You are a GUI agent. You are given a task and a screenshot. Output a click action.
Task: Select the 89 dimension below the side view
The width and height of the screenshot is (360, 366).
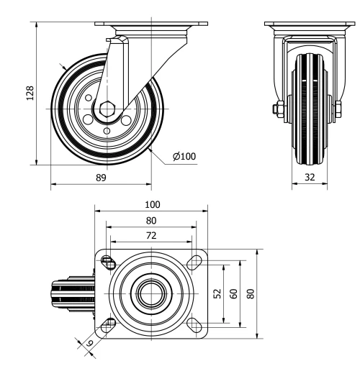click(100, 177)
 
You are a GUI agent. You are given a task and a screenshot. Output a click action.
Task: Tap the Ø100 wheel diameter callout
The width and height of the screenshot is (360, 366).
click(184, 155)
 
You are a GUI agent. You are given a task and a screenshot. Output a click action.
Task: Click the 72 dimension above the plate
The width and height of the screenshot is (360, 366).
click(150, 235)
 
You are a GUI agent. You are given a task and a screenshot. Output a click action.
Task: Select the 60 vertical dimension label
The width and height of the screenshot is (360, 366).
click(233, 294)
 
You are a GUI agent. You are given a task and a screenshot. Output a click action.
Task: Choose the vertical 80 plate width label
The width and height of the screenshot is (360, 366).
click(251, 294)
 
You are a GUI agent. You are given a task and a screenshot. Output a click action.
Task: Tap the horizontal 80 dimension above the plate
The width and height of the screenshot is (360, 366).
click(150, 221)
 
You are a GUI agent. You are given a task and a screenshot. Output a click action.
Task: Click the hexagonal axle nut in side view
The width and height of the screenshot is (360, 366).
click(107, 109)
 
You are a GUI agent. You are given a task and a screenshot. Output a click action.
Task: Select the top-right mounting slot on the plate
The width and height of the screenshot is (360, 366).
click(194, 262)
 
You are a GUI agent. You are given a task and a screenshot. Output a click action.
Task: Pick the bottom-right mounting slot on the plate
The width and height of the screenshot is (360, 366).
click(194, 326)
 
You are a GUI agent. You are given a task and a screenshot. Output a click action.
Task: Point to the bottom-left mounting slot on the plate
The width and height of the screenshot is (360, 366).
click(108, 326)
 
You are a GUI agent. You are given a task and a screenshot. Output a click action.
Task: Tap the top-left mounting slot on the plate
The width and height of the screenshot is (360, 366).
click(108, 261)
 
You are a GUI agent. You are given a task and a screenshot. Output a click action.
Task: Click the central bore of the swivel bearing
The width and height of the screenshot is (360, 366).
click(150, 293)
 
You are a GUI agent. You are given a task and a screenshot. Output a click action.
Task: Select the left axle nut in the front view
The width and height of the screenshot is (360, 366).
click(276, 110)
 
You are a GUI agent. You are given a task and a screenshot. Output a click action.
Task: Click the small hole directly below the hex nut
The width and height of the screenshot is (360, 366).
click(107, 130)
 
